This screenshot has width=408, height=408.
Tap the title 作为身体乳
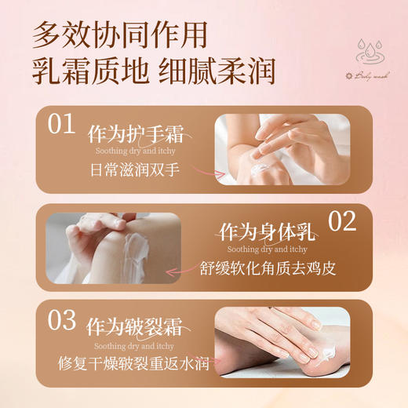268,232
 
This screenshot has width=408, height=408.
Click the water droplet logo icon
370,53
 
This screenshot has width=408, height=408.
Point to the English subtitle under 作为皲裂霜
130,344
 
